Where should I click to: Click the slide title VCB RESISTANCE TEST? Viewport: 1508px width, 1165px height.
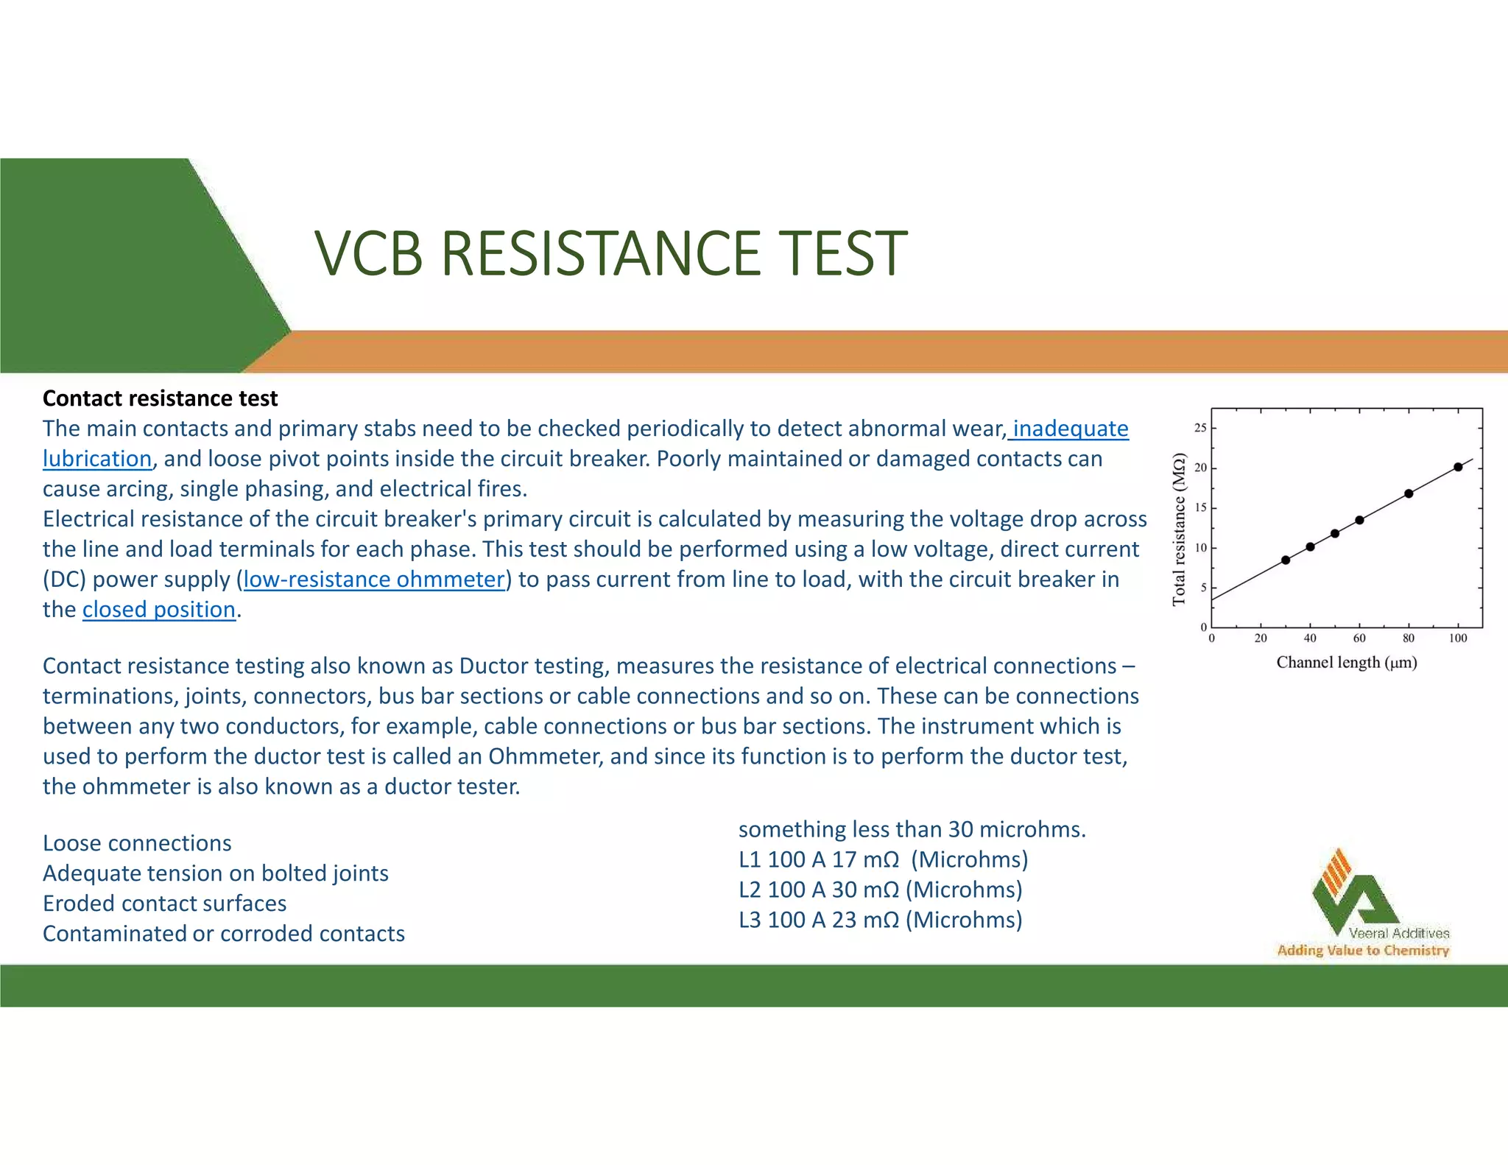click(x=610, y=253)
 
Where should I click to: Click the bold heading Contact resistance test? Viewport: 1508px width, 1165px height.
click(x=160, y=398)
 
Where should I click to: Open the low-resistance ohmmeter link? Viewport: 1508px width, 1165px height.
click(x=373, y=580)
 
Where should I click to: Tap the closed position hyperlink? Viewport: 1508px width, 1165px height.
click(x=158, y=610)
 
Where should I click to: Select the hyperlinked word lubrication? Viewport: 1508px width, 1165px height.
click(x=96, y=459)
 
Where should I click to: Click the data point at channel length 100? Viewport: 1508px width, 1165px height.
click(x=1458, y=467)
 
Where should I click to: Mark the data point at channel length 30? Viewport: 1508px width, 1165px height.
click(x=1286, y=560)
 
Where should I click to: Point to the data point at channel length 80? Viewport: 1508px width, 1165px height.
click(x=1409, y=493)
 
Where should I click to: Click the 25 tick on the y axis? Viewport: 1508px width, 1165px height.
click(x=1200, y=428)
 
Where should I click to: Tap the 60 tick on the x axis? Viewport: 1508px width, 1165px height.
click(x=1359, y=638)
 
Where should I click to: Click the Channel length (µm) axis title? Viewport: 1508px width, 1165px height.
click(x=1346, y=662)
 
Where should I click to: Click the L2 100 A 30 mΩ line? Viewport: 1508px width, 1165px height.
click(x=880, y=890)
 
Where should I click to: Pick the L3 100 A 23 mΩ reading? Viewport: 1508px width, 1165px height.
click(x=880, y=920)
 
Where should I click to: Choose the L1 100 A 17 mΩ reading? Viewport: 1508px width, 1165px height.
click(x=883, y=859)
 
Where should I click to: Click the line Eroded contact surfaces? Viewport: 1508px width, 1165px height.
click(x=164, y=904)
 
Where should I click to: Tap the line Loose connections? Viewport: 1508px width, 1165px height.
click(x=137, y=843)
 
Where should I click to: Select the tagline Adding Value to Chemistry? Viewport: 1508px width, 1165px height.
click(x=1362, y=951)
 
